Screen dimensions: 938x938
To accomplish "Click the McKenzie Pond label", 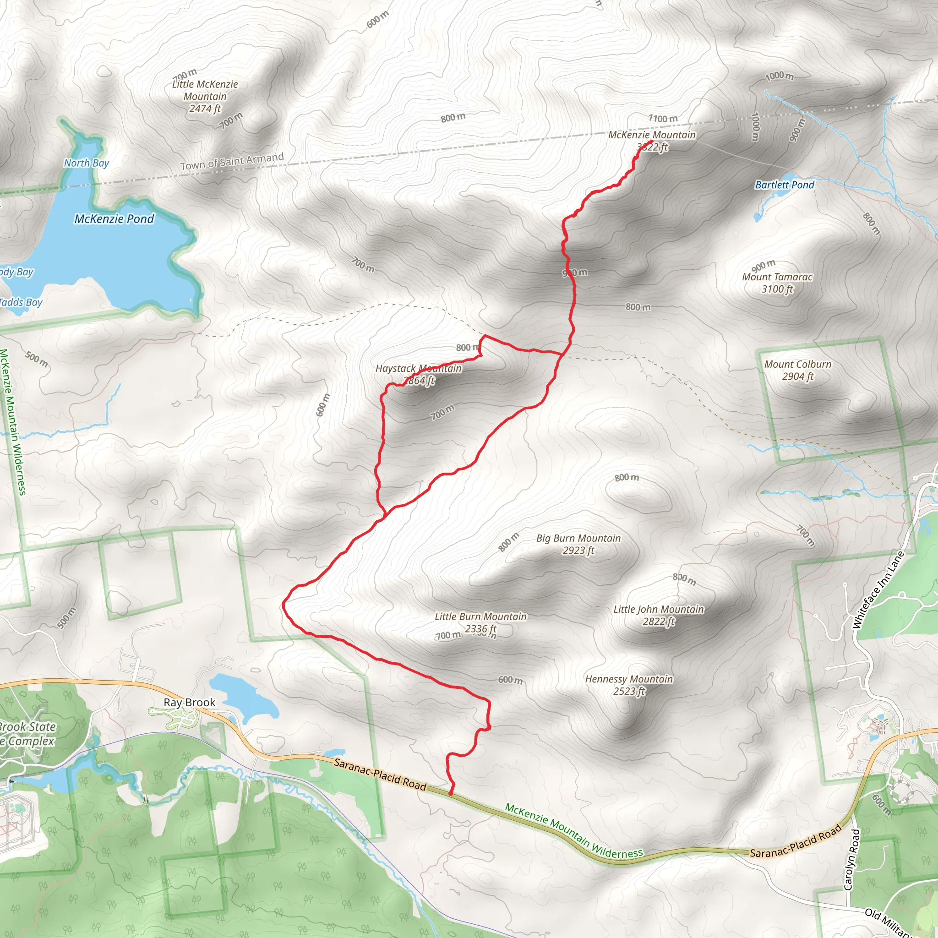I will coord(114,219).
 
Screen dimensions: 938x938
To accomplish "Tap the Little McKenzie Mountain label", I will coord(205,96).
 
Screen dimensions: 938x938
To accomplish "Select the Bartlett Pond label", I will coord(785,185).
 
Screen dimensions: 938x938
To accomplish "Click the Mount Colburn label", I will coord(798,370).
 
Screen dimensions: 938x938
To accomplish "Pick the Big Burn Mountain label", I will coord(578,544).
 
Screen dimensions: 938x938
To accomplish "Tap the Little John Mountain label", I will coord(658,615).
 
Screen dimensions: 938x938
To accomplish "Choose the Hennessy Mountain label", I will coord(629,685).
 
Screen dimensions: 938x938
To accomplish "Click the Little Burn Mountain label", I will coord(480,622).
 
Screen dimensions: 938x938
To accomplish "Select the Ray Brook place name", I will coord(189,703).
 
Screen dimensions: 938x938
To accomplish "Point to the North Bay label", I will coord(87,163).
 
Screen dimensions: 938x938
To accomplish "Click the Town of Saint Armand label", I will coord(232,161).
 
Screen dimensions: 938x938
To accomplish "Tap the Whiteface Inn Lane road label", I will coord(878,590).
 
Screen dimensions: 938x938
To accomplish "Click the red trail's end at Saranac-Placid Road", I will coord(451,794).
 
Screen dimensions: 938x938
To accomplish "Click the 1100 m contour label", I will coord(663,119).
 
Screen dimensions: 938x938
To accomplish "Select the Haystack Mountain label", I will coord(419,374).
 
